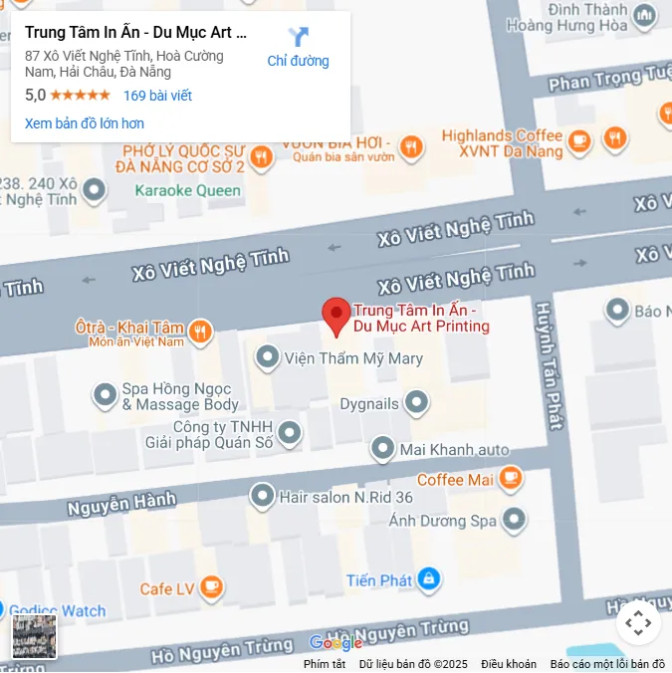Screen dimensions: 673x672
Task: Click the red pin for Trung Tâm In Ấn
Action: pos(336,316)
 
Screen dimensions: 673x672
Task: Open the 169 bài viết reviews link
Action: pos(157,96)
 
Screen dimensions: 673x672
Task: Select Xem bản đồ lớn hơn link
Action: pos(85,123)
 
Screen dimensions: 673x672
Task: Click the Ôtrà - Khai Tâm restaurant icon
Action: pos(200,331)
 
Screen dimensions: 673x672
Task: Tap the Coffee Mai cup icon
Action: pos(511,479)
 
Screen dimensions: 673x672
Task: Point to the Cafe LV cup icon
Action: pos(211,588)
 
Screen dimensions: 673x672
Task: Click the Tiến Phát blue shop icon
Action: pos(428,578)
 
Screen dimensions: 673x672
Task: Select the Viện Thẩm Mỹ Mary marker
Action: pos(267,356)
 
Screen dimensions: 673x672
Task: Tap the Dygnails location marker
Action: pos(416,403)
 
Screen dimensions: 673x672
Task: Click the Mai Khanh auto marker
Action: pos(383,449)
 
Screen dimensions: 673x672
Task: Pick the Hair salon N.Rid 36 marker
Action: pos(263,495)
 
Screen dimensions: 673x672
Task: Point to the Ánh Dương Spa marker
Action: pos(514,519)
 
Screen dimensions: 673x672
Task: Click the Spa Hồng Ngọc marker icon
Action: pos(106,395)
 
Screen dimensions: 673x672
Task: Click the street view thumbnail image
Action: pos(34,637)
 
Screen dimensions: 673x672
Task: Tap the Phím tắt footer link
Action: pos(325,664)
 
